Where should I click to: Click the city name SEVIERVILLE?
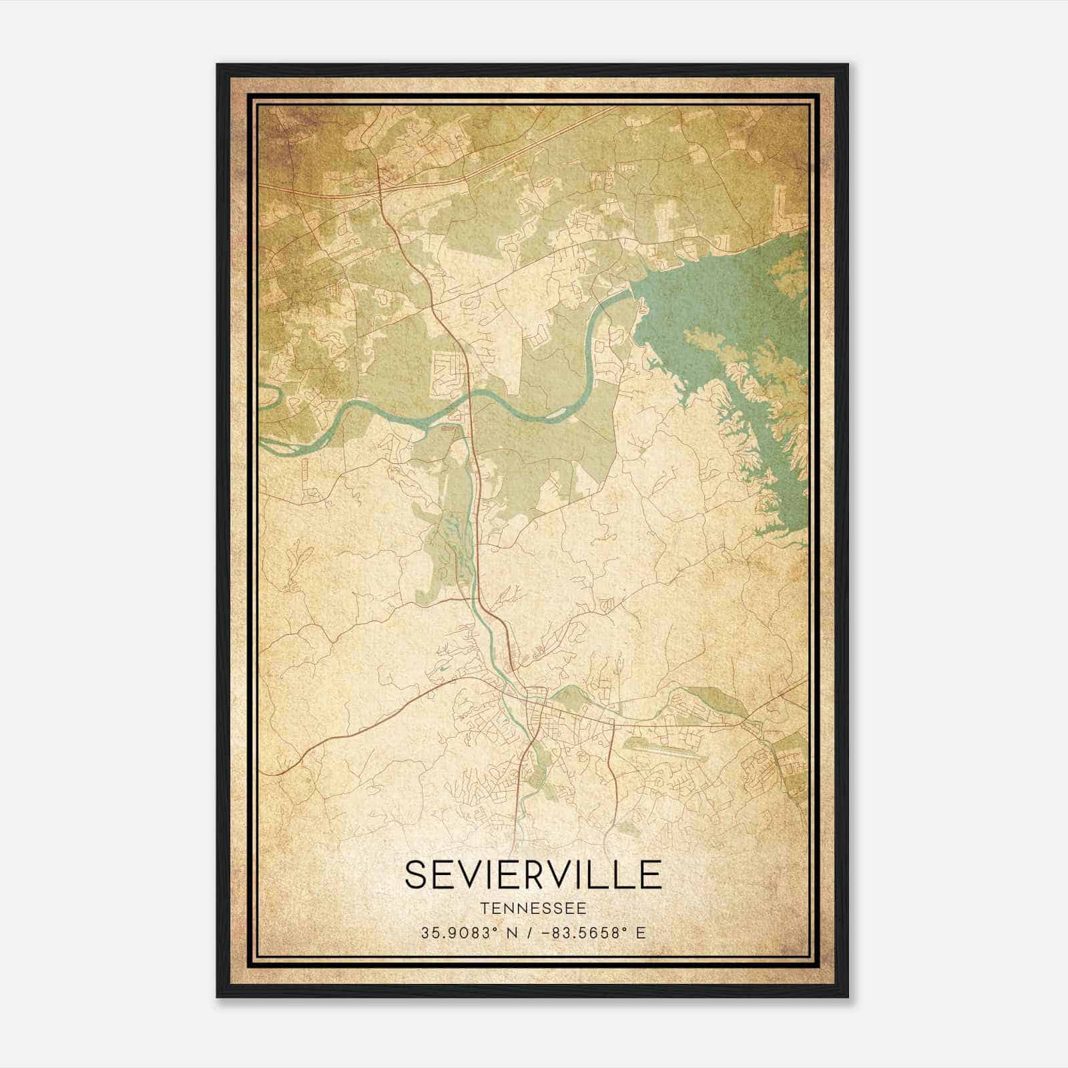533,875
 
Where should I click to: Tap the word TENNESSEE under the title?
533,908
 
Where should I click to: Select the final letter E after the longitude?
641,932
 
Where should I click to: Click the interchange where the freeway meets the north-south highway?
379,191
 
